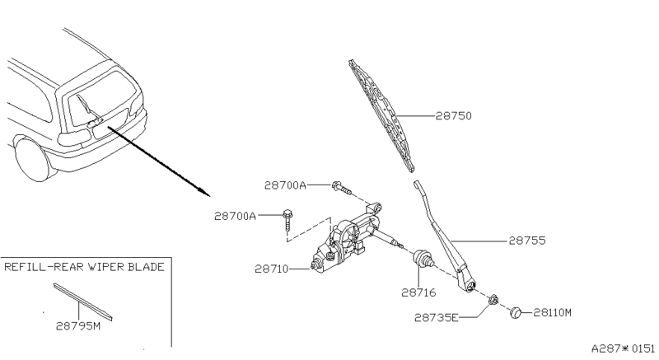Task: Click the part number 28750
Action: coord(455,117)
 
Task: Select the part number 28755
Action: coord(527,241)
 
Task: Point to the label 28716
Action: coord(418,291)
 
